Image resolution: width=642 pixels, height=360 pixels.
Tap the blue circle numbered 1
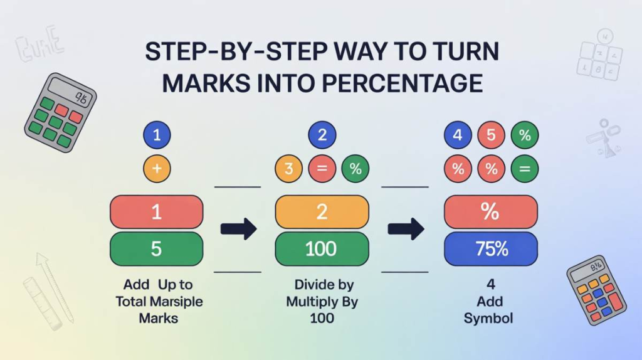[157, 135]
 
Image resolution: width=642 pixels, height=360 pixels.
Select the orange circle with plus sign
[157, 169]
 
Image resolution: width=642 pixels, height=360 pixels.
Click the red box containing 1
[157, 212]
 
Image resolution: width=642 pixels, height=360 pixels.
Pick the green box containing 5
[157, 249]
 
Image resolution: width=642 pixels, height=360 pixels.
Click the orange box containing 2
[322, 212]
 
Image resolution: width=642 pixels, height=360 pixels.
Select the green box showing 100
[322, 249]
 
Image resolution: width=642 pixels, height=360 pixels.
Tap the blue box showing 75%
[491, 249]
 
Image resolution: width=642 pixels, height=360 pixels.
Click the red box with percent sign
[491, 212]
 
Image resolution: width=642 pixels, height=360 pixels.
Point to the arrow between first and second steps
[239, 229]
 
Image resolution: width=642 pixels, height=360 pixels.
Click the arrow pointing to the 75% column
[406, 229]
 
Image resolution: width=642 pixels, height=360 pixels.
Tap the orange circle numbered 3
[288, 169]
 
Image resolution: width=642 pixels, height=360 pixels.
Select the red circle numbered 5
[491, 135]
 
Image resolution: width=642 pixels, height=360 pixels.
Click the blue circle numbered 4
[458, 135]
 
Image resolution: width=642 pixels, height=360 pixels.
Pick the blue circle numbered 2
[322, 135]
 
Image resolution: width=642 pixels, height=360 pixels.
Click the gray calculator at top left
[60, 112]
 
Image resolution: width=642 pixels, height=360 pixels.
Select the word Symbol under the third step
[488, 318]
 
